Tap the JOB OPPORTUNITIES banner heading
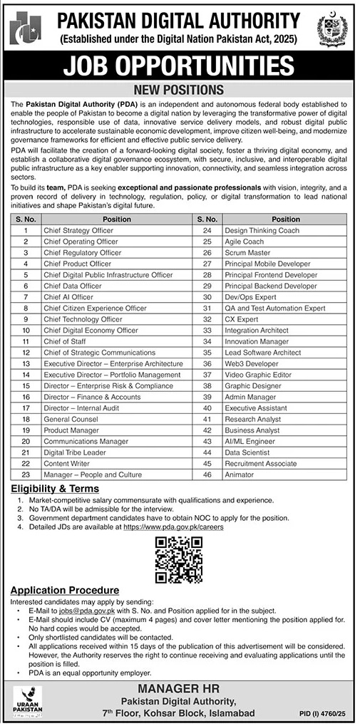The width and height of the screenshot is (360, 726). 179,66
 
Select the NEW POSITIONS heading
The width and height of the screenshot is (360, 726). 179,90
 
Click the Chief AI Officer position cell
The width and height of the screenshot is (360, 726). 68,296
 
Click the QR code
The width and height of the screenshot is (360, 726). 179,559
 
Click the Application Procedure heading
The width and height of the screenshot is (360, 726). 64,591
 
